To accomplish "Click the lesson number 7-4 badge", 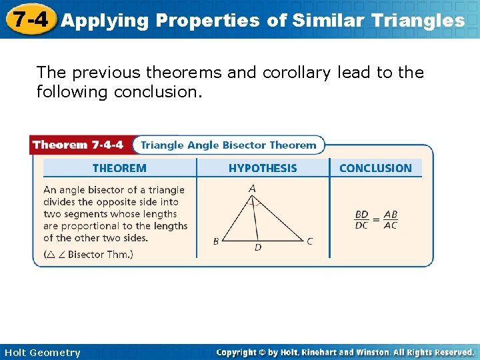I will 29,19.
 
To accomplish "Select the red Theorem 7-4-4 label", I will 78,145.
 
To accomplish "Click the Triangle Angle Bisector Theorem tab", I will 229,145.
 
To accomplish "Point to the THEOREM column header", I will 119,168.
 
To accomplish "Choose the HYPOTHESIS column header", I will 263,168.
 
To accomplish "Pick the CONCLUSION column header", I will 375,168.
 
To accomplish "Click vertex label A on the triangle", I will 252,189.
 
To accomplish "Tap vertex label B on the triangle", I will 216,241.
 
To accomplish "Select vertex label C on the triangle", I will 309,241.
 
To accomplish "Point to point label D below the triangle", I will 258,248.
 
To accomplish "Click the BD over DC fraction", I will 361,220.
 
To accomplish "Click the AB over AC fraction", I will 390,220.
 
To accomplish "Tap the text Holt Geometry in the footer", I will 42,353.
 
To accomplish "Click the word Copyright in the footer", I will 237,352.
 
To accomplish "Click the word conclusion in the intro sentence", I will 157,91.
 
